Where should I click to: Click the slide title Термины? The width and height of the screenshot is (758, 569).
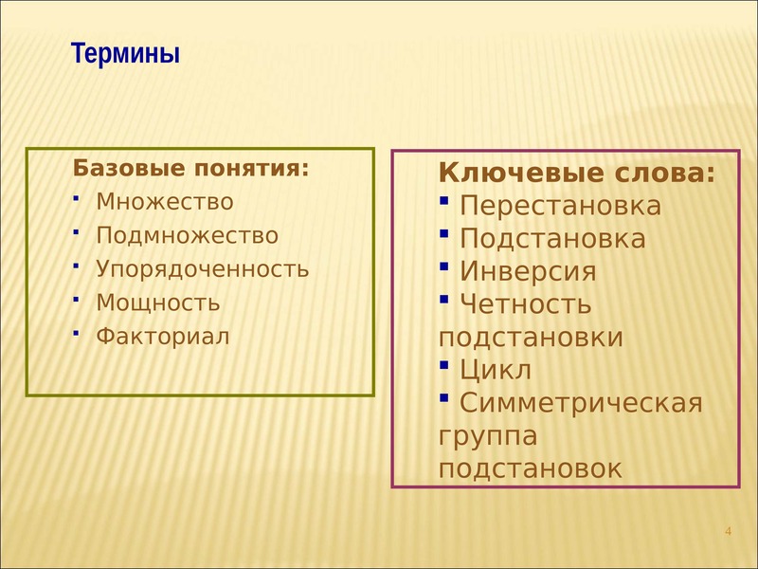tap(125, 53)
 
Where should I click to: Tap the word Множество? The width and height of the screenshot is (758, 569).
tap(165, 202)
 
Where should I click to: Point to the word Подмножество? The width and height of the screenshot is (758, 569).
tap(187, 235)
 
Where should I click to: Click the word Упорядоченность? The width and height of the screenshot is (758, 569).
tap(202, 269)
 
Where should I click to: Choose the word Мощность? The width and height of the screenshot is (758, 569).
tap(158, 303)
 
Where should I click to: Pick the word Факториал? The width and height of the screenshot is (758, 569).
tap(163, 337)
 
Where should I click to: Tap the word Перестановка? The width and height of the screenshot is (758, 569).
tap(560, 206)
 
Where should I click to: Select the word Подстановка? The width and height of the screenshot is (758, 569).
tap(552, 239)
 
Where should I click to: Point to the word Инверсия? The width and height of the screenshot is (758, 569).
tap(528, 271)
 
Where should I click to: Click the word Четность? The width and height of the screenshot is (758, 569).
tap(526, 304)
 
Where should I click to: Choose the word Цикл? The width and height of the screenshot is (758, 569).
tap(496, 370)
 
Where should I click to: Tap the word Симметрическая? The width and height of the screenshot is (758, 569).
tap(581, 403)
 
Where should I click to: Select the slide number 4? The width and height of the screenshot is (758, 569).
tap(728, 531)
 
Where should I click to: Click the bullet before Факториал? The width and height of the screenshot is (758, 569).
tap(76, 333)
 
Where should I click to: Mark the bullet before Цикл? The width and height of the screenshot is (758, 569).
tap(444, 364)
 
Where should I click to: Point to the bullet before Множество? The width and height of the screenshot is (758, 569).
tap(76, 198)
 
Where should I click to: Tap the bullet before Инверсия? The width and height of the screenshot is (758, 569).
tap(444, 266)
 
